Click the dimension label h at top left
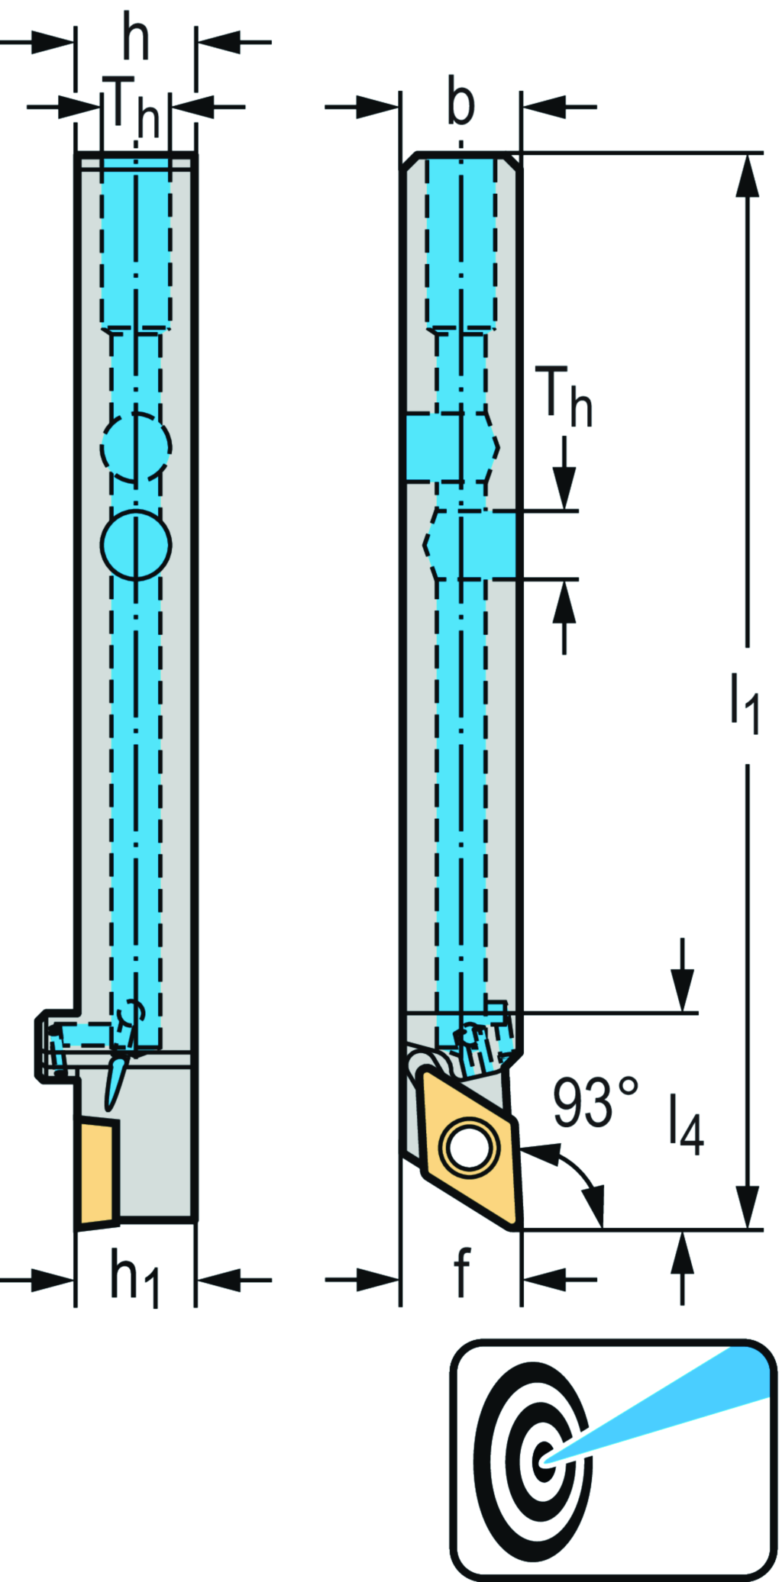(136, 40)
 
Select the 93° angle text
(595, 1102)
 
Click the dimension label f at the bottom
(461, 1272)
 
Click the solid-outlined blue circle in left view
(136, 545)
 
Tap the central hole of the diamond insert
(467, 1147)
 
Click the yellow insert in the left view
(97, 1171)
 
